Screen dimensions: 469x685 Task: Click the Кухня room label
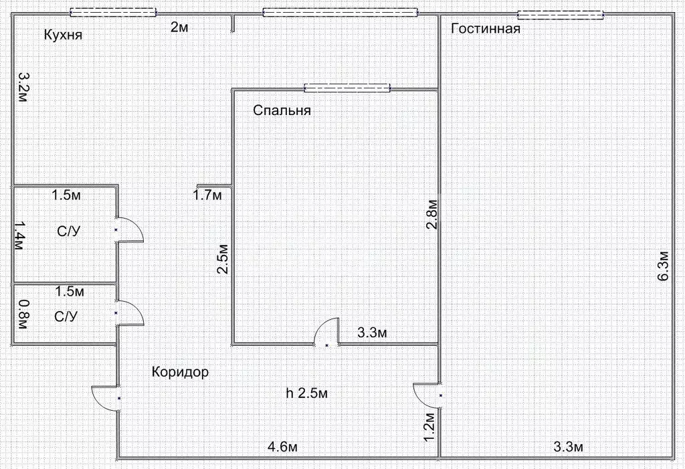pyautogui.click(x=63, y=35)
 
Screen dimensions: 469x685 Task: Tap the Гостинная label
pyautogui.click(x=486, y=29)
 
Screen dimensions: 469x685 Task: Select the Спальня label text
pyautogui.click(x=282, y=110)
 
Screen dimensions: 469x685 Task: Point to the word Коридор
pyautogui.click(x=180, y=372)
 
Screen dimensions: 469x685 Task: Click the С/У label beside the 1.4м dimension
pyautogui.click(x=68, y=232)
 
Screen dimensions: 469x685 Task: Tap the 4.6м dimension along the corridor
pyautogui.click(x=282, y=447)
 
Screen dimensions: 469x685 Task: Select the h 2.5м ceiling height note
pyautogui.click(x=306, y=393)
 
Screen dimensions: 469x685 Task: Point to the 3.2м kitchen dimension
pyautogui.click(x=22, y=87)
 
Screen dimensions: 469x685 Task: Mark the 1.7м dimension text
pyautogui.click(x=207, y=195)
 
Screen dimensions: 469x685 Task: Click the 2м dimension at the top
pyautogui.click(x=179, y=27)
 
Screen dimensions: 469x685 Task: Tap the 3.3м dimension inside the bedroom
pyautogui.click(x=373, y=332)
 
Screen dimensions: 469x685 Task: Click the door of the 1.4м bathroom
pyautogui.click(x=130, y=230)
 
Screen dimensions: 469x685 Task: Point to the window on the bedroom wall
pyautogui.click(x=347, y=87)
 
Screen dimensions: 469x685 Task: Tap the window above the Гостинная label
pyautogui.click(x=561, y=14)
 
